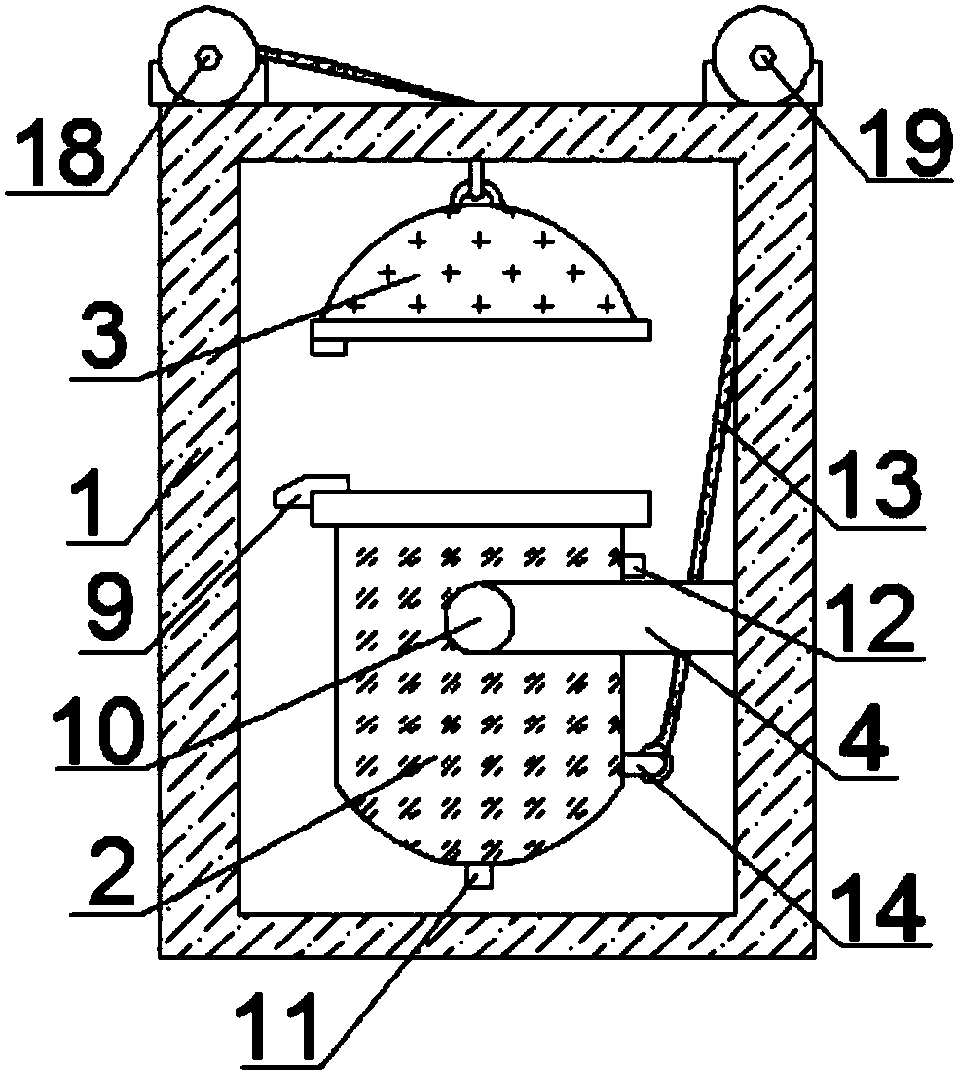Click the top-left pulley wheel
(x=207, y=59)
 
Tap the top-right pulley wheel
(x=762, y=59)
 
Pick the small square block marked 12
(x=633, y=567)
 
